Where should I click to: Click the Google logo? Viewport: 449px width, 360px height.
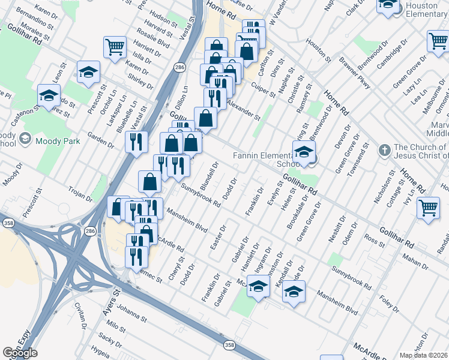[20, 353]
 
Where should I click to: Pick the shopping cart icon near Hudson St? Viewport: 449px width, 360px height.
[115, 46]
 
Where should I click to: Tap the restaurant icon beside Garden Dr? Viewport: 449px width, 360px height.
[136, 142]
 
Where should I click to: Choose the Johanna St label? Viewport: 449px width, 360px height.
[131, 313]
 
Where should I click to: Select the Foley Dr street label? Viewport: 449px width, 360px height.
[388, 301]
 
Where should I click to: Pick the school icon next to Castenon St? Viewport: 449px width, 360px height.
[49, 95]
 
